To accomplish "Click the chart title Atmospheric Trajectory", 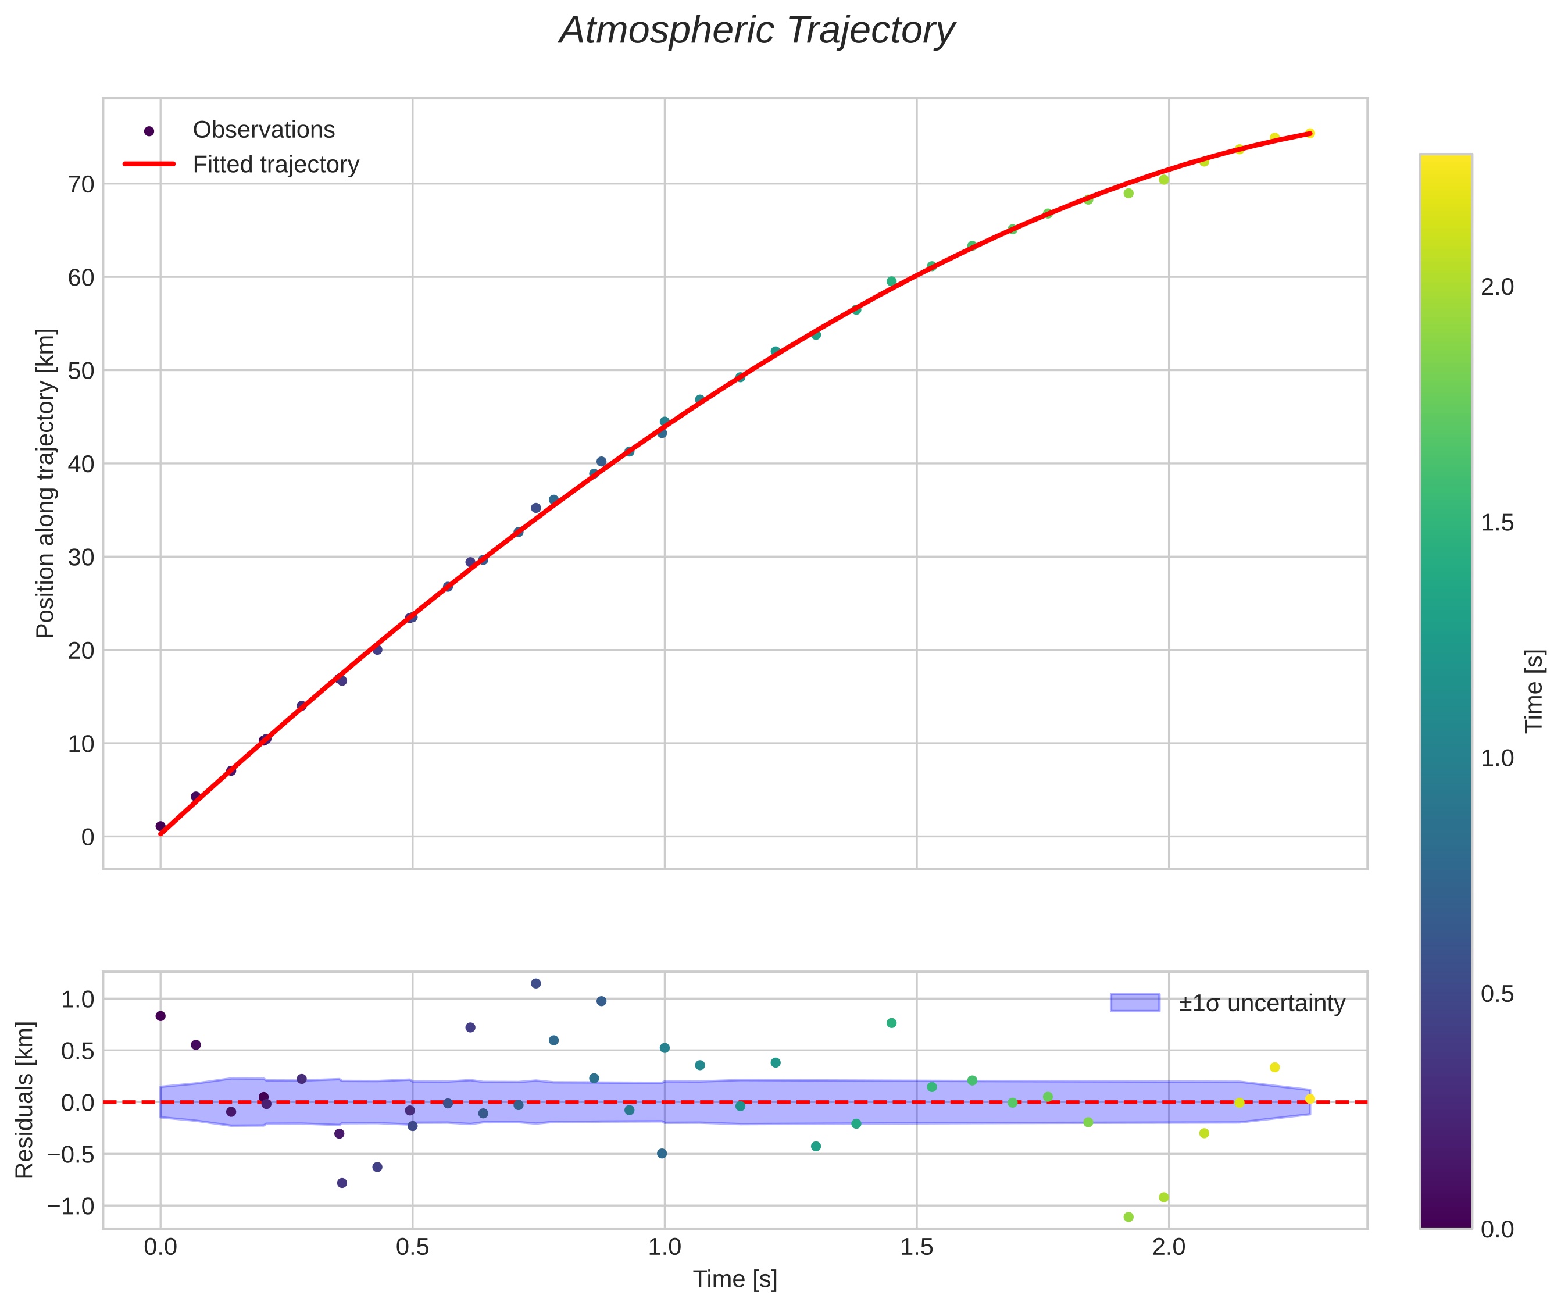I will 757,31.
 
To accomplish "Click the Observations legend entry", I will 263,130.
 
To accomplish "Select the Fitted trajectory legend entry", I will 275,165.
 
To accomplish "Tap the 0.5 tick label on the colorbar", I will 1497,994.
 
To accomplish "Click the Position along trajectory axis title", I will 45,483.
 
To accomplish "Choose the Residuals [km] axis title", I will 24,1100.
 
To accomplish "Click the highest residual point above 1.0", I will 536,983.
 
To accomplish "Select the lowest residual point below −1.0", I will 1128,1217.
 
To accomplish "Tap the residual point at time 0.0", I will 160,1016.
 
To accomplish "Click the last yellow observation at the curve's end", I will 1310,134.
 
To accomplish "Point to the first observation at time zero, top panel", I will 160,826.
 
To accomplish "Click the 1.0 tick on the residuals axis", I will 77,999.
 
